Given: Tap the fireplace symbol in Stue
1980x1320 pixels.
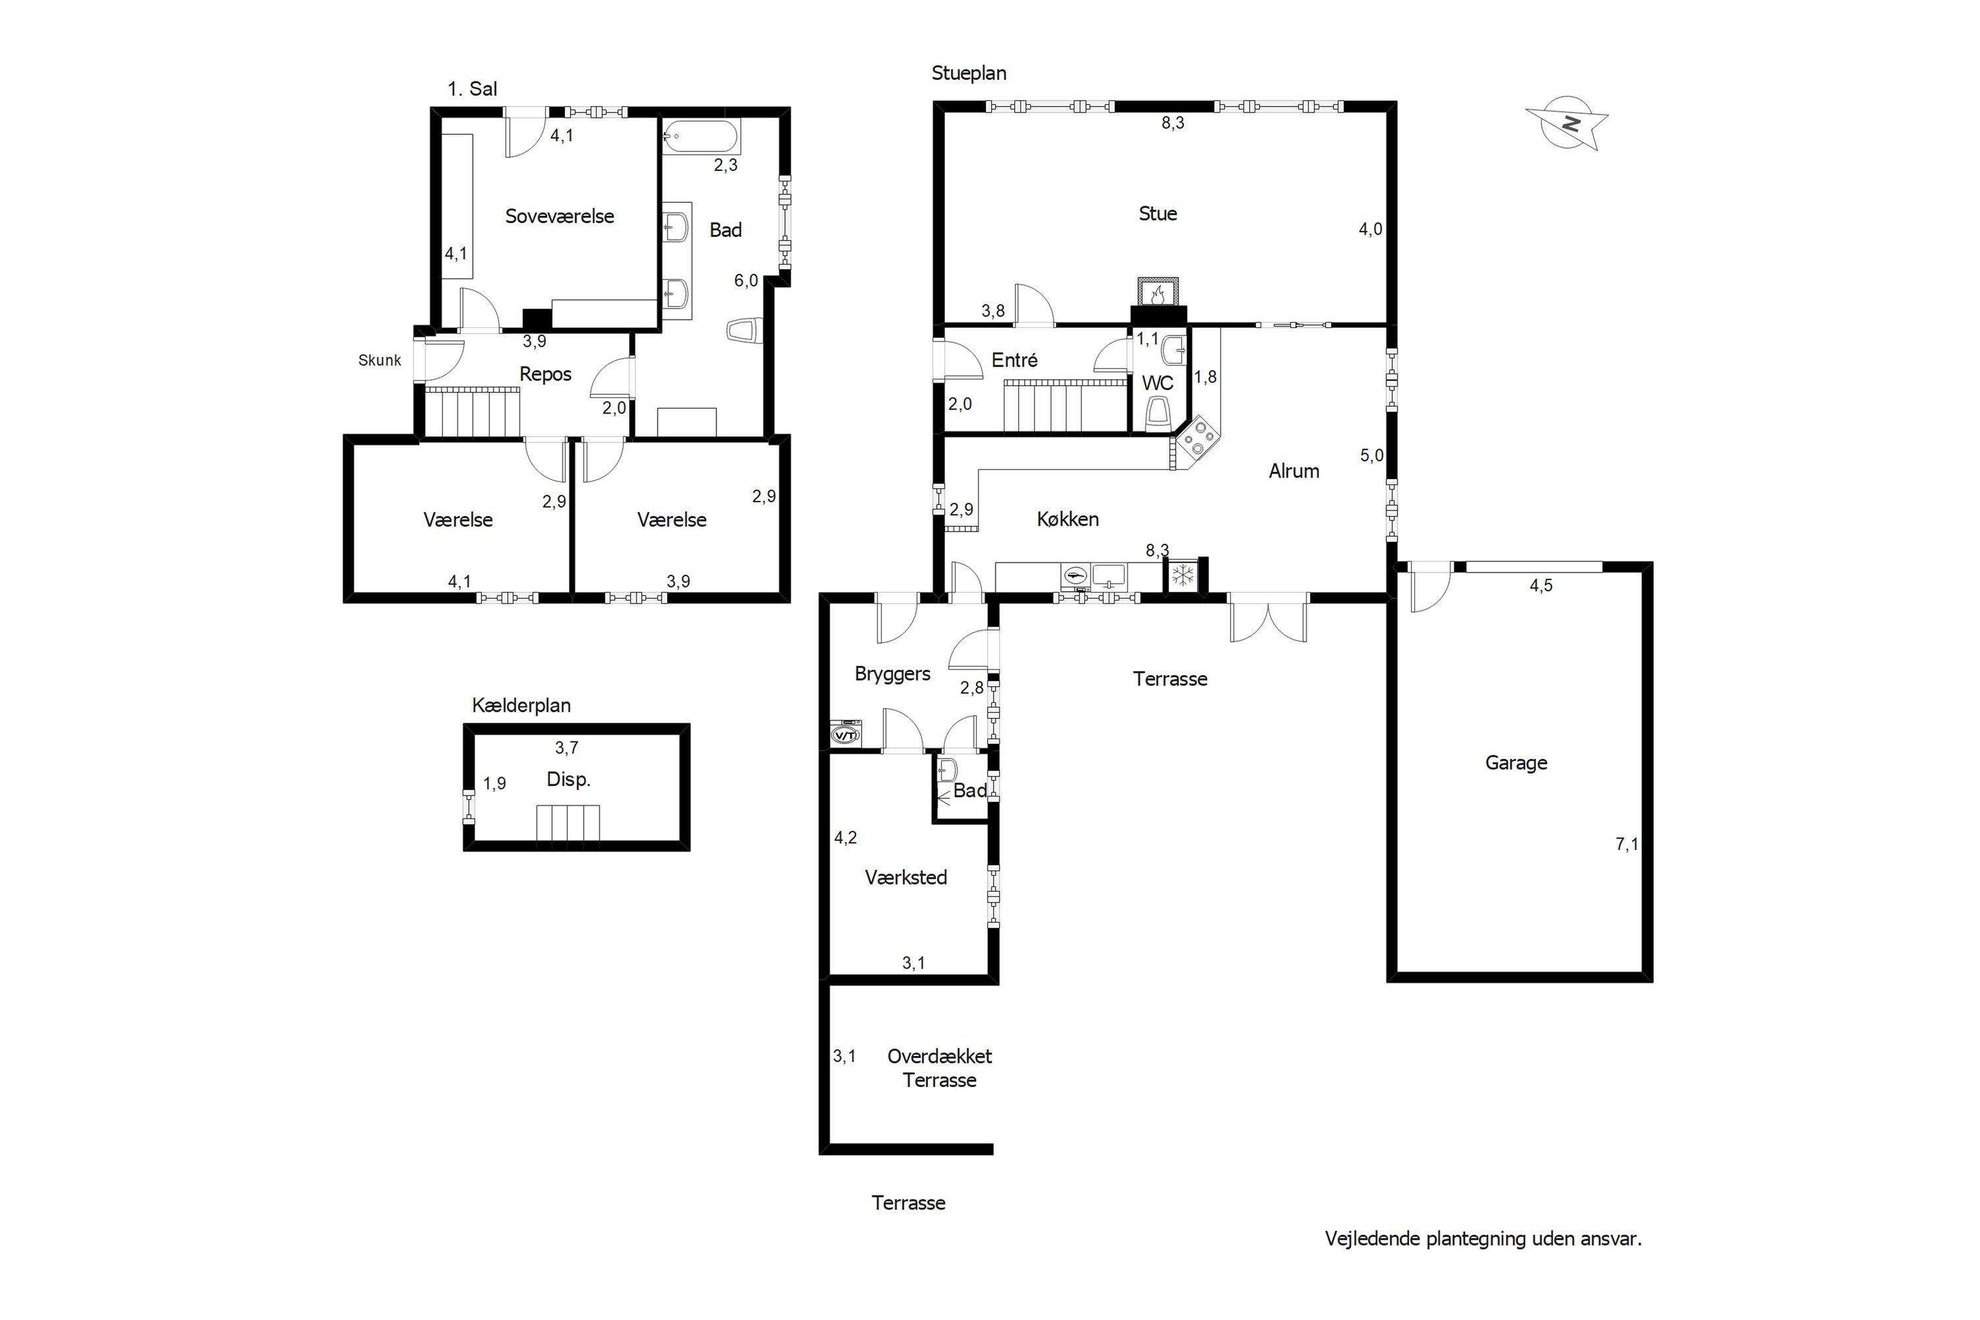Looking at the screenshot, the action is (1158, 293).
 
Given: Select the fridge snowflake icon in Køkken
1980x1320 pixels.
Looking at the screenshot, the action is (1183, 576).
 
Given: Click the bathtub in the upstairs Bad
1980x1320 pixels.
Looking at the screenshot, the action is (700, 137).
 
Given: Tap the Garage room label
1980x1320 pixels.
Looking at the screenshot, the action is (1516, 763).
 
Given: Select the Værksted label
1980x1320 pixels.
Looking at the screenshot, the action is (906, 877).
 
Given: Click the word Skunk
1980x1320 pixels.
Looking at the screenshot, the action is (379, 360).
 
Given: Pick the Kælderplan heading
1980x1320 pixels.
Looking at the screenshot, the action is (521, 706).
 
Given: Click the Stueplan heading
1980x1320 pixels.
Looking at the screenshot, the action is (969, 73).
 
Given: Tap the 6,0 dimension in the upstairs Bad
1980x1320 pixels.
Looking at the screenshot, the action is (746, 280).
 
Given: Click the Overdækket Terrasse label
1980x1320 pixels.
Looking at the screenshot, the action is (939, 1069).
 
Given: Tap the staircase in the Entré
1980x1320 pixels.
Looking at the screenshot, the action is (1066, 406).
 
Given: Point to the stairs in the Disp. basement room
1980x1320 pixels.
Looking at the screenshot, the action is (568, 822).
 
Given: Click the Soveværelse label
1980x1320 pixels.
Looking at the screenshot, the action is (560, 216).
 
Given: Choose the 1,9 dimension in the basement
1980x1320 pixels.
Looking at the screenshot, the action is (494, 784).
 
